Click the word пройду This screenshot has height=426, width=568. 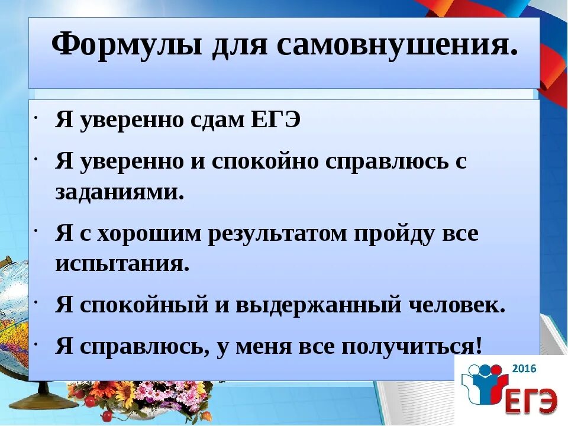tap(396, 234)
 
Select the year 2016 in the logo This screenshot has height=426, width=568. tap(524, 369)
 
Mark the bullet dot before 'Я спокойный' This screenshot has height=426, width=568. tap(37, 303)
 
